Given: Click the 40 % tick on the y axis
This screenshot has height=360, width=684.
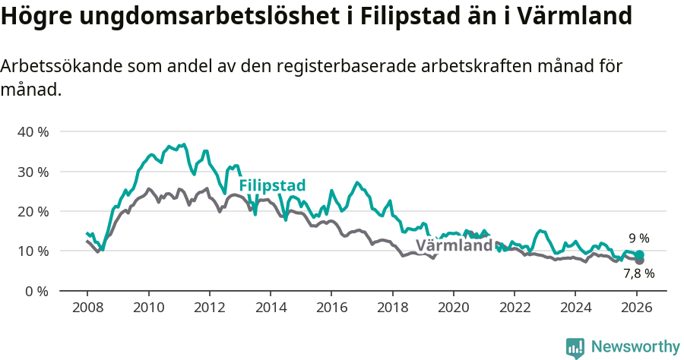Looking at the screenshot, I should pyautogui.click(x=33, y=131).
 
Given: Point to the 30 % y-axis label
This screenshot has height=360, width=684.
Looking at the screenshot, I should pyautogui.click(x=33, y=172).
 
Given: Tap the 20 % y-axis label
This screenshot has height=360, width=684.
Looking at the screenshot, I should pyautogui.click(x=33, y=211).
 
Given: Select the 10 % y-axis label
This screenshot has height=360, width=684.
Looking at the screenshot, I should pyautogui.click(x=33, y=251).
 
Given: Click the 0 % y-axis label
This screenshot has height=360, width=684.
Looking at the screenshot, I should pyautogui.click(x=36, y=291).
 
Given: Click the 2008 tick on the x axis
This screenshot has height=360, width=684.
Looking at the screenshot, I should pyautogui.click(x=87, y=308).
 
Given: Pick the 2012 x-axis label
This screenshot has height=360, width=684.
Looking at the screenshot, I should pyautogui.click(x=209, y=308).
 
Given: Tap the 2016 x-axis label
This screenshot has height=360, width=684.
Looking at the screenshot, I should pyautogui.click(x=331, y=308).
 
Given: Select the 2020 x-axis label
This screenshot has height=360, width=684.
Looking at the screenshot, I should pyautogui.click(x=453, y=308).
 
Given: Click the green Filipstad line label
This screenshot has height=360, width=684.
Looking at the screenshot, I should pyautogui.click(x=272, y=186).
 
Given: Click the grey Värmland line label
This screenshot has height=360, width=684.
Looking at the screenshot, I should pyautogui.click(x=454, y=246).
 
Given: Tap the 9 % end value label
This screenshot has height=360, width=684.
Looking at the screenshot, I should pyautogui.click(x=638, y=238).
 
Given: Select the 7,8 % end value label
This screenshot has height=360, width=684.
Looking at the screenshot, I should pyautogui.click(x=638, y=273).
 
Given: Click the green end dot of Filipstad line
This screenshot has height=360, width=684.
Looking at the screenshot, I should pyautogui.click(x=639, y=255).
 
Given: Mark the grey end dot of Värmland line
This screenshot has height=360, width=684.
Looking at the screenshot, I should pyautogui.click(x=639, y=261).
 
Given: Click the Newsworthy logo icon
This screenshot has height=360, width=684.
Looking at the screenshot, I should pyautogui.click(x=575, y=347).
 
